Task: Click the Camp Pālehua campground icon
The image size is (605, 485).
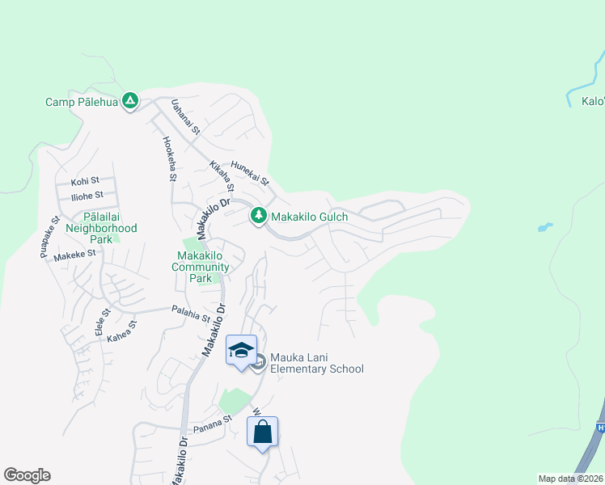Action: pyautogui.click(x=129, y=102)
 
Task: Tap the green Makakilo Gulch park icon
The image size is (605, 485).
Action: pyautogui.click(x=258, y=216)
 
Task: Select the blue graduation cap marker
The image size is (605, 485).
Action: pyautogui.click(x=241, y=350)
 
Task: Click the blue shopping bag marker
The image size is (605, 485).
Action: pyautogui.click(x=263, y=432)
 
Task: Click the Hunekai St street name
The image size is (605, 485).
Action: pyautogui.click(x=249, y=172)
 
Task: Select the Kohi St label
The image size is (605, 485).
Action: pyautogui.click(x=85, y=181)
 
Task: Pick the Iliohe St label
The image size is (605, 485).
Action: pyautogui.click(x=87, y=196)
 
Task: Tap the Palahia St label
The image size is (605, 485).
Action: pyautogui.click(x=192, y=309)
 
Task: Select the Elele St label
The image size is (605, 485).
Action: pyautogui.click(x=103, y=322)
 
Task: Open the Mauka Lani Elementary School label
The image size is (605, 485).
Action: pyautogui.click(x=317, y=363)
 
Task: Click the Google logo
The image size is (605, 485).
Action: pyautogui.click(x=27, y=475)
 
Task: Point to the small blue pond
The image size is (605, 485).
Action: pyautogui.click(x=545, y=227)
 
